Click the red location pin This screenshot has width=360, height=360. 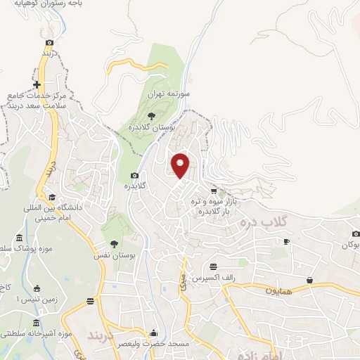(x=181, y=165)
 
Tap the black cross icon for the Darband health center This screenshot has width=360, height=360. (x=37, y=84)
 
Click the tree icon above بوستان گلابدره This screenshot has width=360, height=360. (x=151, y=115)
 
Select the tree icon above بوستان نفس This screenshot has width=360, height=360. (x=114, y=243)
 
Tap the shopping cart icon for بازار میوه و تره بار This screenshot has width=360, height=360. (x=214, y=191)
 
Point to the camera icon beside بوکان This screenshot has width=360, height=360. (x=355, y=233)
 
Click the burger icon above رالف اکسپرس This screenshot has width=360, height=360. (x=214, y=266)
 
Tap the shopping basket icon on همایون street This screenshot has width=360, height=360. (x=309, y=280)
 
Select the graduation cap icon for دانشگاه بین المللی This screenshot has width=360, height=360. (x=51, y=198)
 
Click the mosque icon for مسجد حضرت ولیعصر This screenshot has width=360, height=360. (x=154, y=333)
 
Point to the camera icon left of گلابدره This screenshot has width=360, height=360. (x=134, y=176)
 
